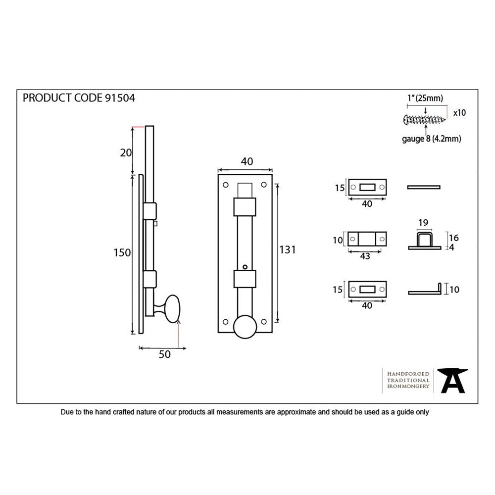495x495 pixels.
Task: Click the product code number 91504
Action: point(120,98)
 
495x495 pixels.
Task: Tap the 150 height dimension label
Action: point(122,252)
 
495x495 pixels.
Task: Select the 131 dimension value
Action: point(287,250)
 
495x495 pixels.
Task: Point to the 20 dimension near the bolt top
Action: point(126,152)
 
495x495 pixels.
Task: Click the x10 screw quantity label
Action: point(459,113)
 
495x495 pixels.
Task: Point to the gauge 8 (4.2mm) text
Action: point(431,139)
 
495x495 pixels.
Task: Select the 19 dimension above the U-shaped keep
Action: point(423,223)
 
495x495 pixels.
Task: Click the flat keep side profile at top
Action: point(423,187)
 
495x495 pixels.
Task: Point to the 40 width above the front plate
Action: point(246,161)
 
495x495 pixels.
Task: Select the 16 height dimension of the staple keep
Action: point(453,237)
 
